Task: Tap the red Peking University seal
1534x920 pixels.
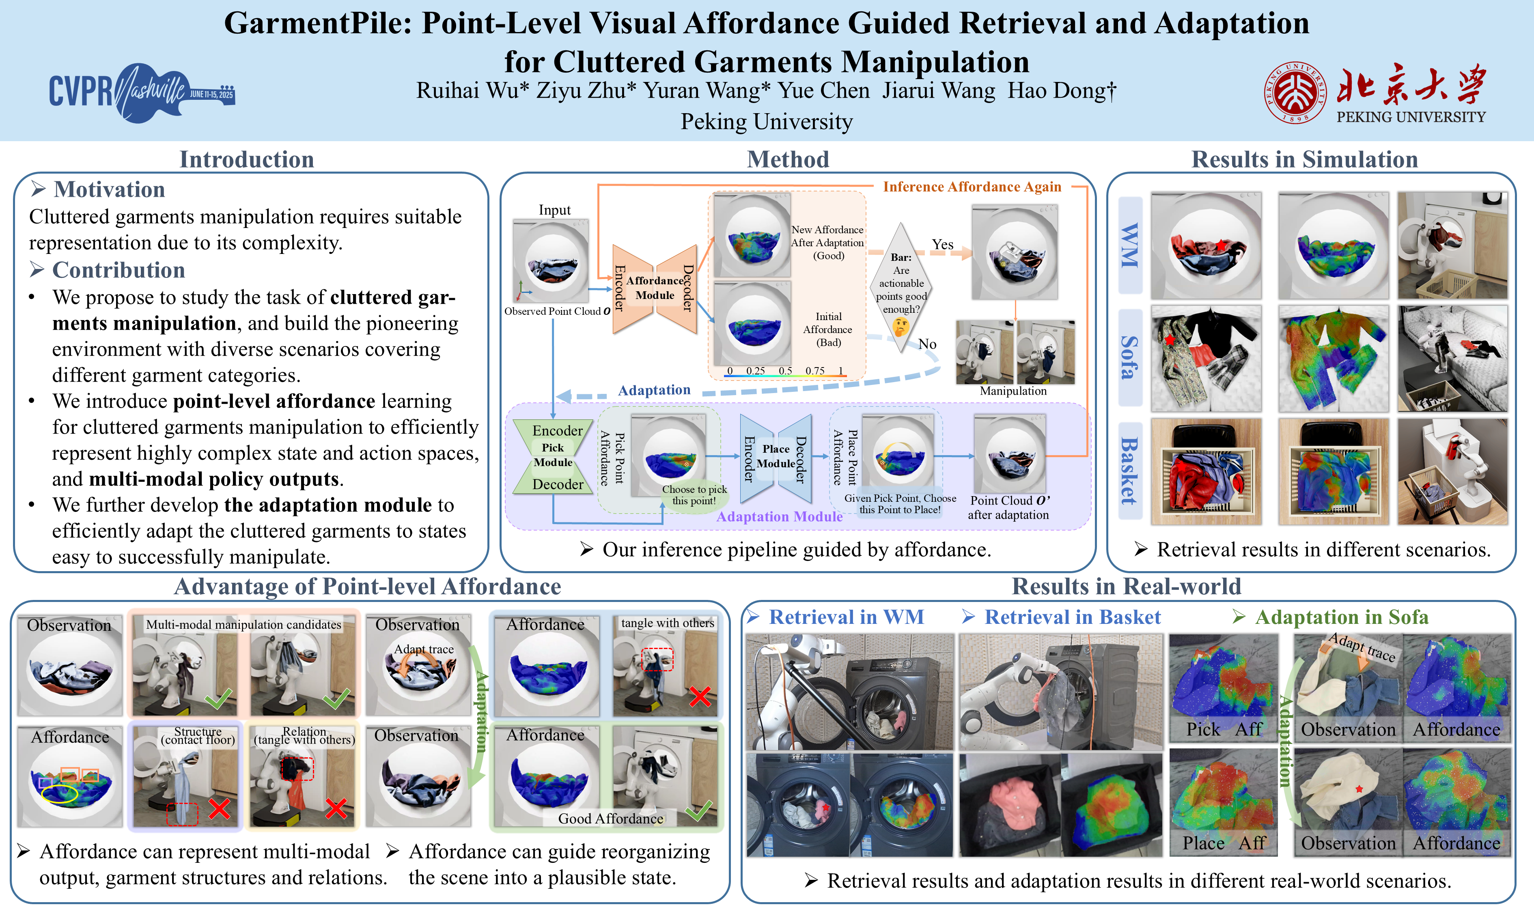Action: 1295,93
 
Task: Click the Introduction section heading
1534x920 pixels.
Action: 247,160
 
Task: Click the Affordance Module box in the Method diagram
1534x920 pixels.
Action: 655,288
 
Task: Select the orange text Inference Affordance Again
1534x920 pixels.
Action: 972,187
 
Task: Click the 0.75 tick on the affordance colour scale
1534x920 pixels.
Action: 815,371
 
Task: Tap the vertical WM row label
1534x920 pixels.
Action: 1130,245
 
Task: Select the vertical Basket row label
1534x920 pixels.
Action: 1130,471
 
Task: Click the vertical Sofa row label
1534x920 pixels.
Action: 1130,358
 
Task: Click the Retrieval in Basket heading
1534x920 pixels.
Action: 1072,617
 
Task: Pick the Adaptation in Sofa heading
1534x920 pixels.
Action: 1341,617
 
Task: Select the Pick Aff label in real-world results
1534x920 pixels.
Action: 1224,730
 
